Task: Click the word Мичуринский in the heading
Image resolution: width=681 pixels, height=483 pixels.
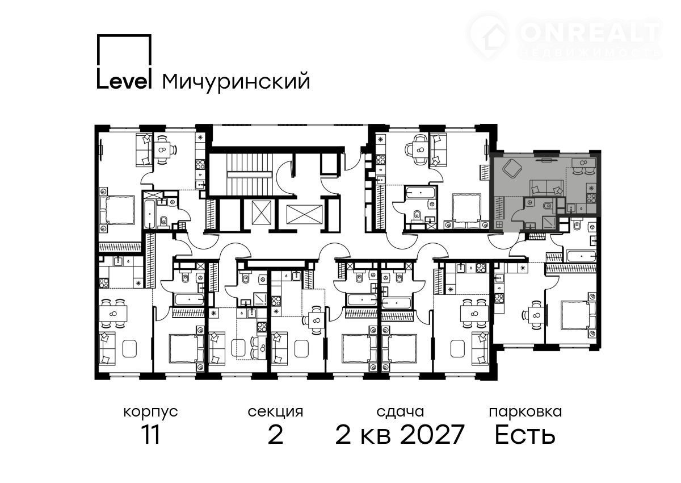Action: [236, 82]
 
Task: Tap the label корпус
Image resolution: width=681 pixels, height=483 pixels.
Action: [150, 413]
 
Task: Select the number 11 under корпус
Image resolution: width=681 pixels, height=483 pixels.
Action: [151, 435]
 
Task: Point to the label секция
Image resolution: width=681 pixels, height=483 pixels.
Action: [275, 413]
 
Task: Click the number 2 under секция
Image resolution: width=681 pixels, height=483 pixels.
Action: [275, 435]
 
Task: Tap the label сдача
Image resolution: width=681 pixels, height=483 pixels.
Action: [400, 413]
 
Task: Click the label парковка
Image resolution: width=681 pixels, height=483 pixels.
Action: [526, 413]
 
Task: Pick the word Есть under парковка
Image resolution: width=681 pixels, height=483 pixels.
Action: [525, 435]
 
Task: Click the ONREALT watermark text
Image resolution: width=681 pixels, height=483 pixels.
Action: [590, 32]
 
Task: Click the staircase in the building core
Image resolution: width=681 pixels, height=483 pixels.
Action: [249, 174]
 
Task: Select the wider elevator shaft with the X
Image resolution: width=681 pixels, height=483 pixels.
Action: [304, 214]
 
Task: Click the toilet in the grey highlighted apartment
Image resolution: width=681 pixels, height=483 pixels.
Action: [548, 206]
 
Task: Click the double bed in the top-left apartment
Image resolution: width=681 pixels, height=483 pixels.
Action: [117, 210]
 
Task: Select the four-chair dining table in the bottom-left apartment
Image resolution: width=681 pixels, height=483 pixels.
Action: [113, 314]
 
